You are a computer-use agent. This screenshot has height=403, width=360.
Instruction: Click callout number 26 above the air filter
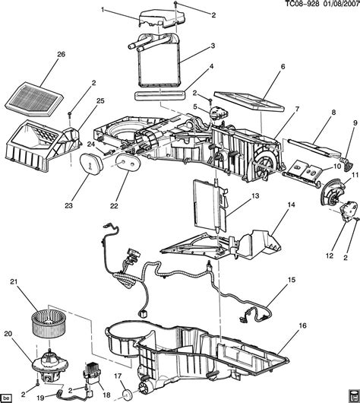pos(62,55)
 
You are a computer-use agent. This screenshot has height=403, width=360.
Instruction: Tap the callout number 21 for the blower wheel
pos(14,281)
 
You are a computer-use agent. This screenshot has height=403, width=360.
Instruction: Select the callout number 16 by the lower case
pos(303,325)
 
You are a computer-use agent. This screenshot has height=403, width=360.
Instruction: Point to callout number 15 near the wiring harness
pos(292,280)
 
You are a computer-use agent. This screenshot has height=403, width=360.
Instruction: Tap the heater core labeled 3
pos(157,60)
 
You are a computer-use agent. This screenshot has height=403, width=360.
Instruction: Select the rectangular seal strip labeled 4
pos(160,95)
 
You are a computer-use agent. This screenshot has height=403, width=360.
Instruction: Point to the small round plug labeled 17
pos(127,395)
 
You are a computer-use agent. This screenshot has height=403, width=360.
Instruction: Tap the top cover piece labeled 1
pos(162,18)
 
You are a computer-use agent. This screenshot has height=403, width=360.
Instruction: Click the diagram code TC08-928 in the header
pos(302,4)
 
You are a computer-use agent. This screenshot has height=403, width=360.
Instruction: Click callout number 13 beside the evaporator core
pos(255,196)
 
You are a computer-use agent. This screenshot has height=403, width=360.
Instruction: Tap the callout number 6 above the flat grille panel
pos(283,67)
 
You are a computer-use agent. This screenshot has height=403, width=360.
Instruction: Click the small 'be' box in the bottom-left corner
pos(7,398)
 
